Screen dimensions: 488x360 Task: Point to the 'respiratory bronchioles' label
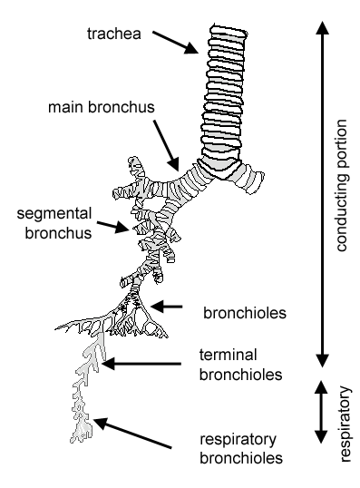[239, 449]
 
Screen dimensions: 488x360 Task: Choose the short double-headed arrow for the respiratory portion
[319, 414]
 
